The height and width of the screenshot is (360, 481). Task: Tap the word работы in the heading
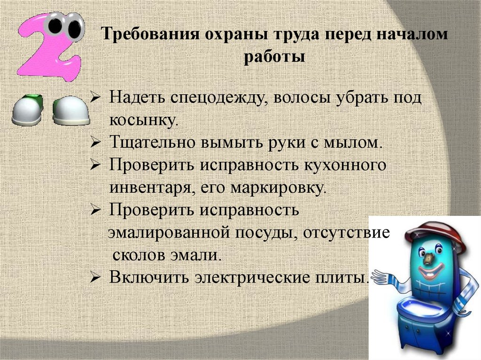275,57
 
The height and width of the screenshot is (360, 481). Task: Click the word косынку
144,120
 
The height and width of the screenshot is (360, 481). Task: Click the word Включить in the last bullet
150,277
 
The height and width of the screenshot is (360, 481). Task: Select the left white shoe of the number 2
26,111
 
